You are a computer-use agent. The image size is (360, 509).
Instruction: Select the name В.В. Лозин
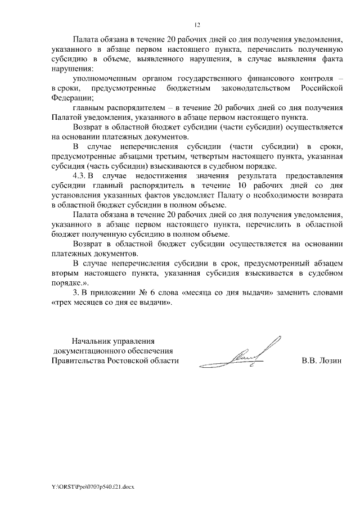[x=322, y=361]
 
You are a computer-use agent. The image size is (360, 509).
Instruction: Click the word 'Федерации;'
[x=71, y=97]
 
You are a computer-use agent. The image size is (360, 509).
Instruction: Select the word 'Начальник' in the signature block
[x=93, y=340]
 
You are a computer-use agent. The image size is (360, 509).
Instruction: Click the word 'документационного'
[x=89, y=350]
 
